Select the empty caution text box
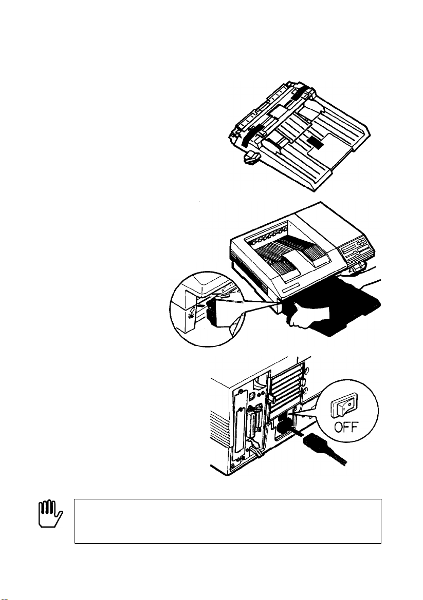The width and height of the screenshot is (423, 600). click(x=228, y=520)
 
